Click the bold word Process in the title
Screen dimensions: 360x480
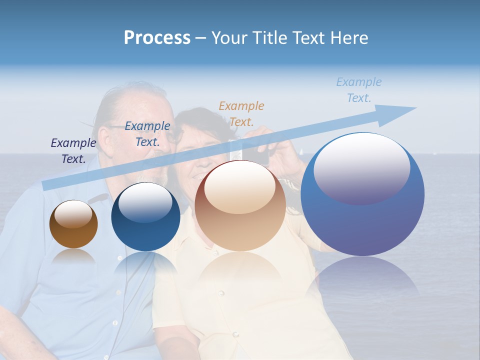157,38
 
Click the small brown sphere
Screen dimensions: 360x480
73,224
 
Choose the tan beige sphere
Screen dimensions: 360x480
240,206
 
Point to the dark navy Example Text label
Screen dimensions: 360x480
73,151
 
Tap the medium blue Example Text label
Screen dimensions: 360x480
147,134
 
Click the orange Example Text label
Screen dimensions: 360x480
241,113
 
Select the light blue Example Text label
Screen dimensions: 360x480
359,90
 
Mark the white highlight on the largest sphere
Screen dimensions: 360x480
362,167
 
